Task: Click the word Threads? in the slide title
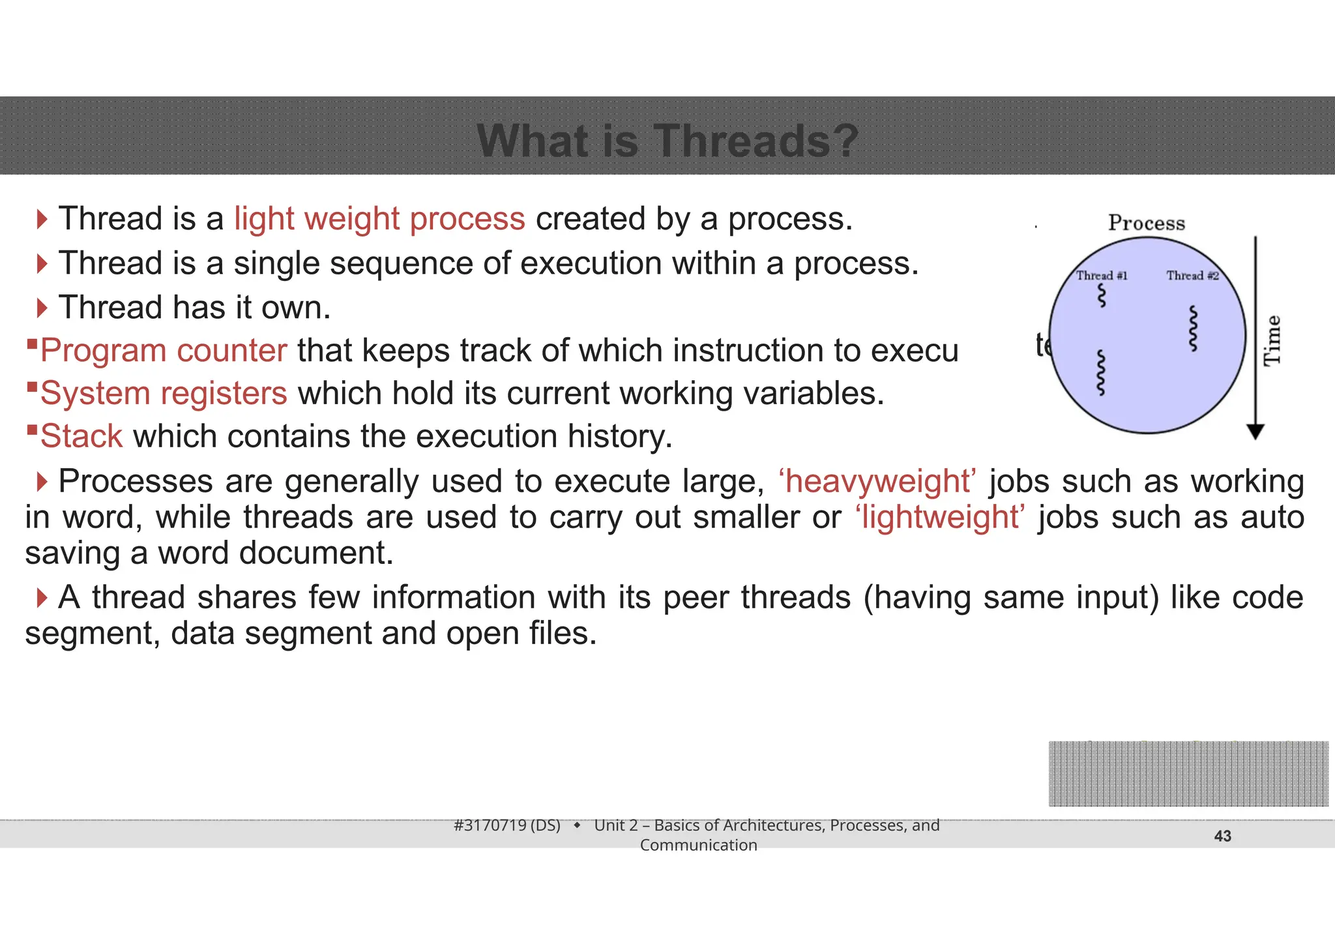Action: pos(756,141)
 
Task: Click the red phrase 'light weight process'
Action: pos(379,219)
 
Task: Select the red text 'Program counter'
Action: pos(164,351)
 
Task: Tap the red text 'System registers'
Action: pos(164,394)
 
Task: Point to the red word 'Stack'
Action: pos(81,436)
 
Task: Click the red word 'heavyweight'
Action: pos(877,482)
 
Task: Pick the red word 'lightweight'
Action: pos(940,518)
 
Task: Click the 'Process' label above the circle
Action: pos(1147,223)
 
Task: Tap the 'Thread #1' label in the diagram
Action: pos(1102,276)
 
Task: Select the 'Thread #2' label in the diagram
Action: pos(1192,276)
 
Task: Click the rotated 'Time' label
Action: pos(1272,340)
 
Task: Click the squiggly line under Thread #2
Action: pos(1194,329)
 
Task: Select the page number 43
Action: pos(1222,836)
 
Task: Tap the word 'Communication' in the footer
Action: pos(698,845)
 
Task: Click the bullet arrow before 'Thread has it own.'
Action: pos(42,308)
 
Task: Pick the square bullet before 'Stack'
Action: pos(31,430)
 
